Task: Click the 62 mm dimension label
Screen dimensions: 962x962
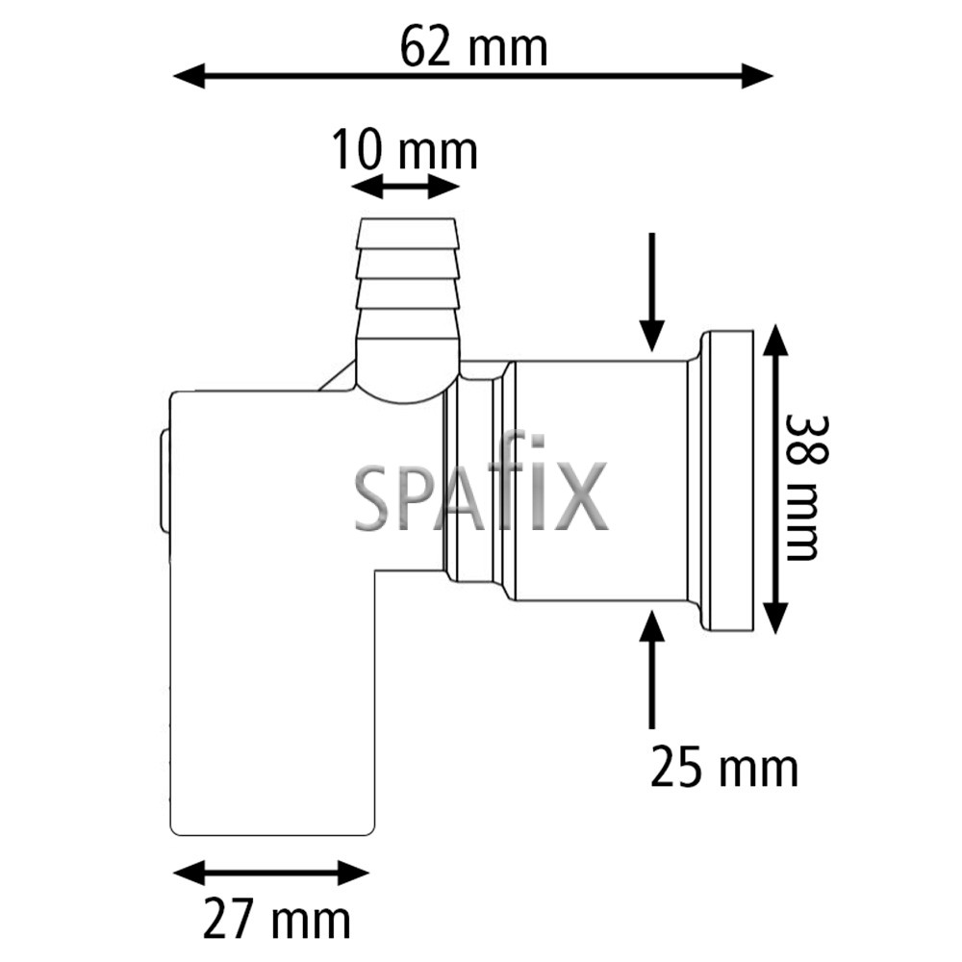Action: (x=473, y=48)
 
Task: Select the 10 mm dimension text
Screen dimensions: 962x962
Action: (x=404, y=151)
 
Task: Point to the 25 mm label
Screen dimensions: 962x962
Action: (x=724, y=768)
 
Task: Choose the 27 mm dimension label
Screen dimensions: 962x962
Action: (x=277, y=920)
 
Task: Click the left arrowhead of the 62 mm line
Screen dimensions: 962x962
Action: (x=189, y=76)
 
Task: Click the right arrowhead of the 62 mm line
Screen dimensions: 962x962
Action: (x=757, y=76)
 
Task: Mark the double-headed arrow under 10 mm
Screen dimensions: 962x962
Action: (x=406, y=187)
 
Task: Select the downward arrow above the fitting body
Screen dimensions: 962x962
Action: (x=652, y=292)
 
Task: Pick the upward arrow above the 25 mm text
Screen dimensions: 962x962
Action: (x=652, y=670)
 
